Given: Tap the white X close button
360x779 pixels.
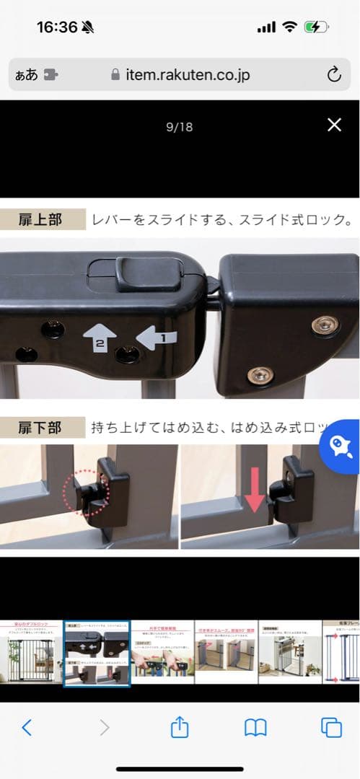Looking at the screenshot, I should [334, 125].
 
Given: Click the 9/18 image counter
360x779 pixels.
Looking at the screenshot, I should [179, 127].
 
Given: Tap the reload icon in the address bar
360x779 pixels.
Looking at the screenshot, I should [333, 74].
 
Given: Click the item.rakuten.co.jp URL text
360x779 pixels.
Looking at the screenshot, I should [187, 75].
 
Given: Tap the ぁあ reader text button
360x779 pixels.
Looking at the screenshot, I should [26, 75].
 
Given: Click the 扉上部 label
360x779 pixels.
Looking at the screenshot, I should [40, 220].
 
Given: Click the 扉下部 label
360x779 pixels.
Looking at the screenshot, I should [40, 428].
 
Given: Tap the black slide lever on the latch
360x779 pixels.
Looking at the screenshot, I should [148, 275].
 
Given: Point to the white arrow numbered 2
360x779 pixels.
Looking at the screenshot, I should [100, 339].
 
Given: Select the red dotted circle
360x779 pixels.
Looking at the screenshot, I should [87, 494].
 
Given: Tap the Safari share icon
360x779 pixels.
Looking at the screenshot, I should [179, 727].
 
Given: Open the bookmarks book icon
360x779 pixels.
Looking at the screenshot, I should [255, 728].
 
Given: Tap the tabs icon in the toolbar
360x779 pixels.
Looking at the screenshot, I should [331, 728].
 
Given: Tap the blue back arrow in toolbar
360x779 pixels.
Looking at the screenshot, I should [27, 728].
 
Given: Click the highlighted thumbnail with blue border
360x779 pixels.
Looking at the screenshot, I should [97, 653].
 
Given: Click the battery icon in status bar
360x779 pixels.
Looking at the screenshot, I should [317, 27].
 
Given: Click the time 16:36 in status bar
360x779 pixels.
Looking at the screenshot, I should [56, 27].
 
